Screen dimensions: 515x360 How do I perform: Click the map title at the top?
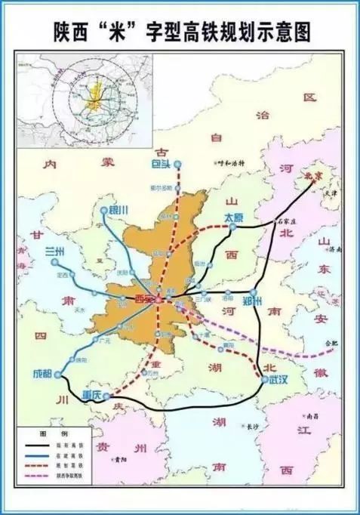182,31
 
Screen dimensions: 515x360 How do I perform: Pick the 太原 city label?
235,217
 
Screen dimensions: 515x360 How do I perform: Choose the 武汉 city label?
278,381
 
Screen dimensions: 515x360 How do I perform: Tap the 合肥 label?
330,344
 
